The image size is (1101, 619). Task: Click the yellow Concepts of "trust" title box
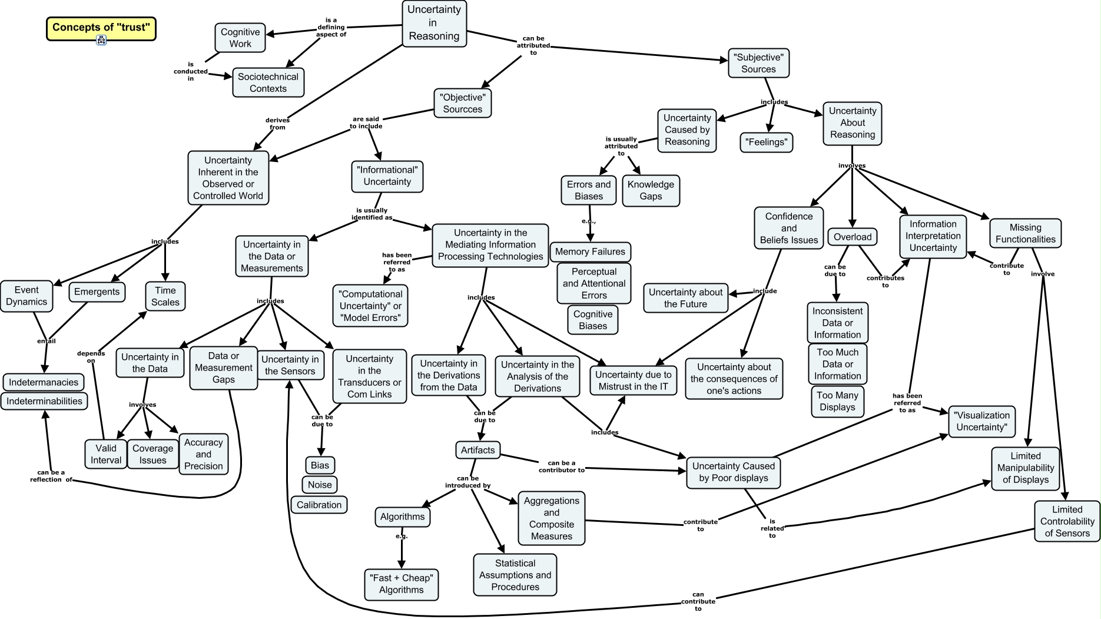coord(101,28)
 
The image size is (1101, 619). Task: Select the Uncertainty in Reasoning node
coord(434,23)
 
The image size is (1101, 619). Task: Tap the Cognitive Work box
coord(240,38)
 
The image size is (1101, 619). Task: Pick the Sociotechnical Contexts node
coord(268,82)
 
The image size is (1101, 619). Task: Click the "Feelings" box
coord(766,142)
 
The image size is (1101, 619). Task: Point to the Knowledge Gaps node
coord(651,190)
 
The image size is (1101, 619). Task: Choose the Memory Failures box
coord(590,251)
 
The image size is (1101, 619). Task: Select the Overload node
coord(852,237)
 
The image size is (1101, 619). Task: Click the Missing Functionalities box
coord(1025,233)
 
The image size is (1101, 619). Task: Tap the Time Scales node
coord(165,296)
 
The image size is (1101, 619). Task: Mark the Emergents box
coord(97,292)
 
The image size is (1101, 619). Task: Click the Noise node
coord(320,485)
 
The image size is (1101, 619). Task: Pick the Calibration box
coord(319,505)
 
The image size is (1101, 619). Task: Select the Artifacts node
coord(477,450)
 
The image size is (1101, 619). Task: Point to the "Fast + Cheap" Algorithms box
coord(402,584)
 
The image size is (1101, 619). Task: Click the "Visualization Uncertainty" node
coord(981,421)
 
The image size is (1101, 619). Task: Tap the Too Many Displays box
coord(837,401)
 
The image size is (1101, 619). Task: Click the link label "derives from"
coord(277,124)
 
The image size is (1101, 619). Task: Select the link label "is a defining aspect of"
coord(331,27)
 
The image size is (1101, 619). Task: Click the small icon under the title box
coord(101,40)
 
